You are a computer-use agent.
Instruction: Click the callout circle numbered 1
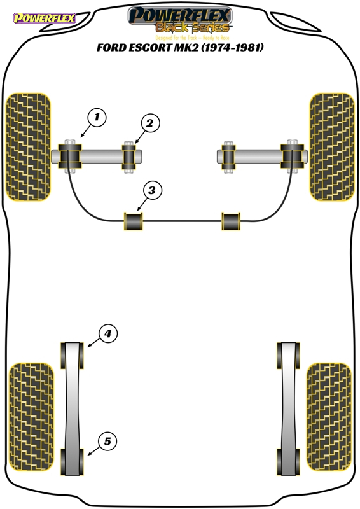[x=97, y=116]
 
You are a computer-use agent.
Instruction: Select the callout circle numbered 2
[x=149, y=123]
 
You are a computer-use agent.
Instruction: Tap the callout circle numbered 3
[x=151, y=190]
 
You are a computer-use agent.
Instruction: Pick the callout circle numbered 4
[x=107, y=333]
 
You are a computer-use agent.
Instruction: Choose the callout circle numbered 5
[x=107, y=441]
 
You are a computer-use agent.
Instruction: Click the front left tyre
[x=29, y=147]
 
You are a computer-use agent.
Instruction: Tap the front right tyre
[x=332, y=147]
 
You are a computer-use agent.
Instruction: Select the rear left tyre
[x=31, y=417]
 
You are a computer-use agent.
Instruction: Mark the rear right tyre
[x=329, y=417]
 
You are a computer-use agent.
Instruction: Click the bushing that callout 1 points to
[x=69, y=156]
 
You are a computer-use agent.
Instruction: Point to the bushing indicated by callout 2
[x=129, y=157]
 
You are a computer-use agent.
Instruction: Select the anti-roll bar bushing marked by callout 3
[x=134, y=221]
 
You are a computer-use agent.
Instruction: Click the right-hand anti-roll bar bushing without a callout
[x=231, y=221]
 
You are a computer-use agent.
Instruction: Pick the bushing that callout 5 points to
[x=72, y=462]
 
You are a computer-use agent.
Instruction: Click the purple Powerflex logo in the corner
[x=45, y=18]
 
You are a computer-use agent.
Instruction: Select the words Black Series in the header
[x=193, y=27]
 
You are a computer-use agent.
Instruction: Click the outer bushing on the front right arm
[x=293, y=156]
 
